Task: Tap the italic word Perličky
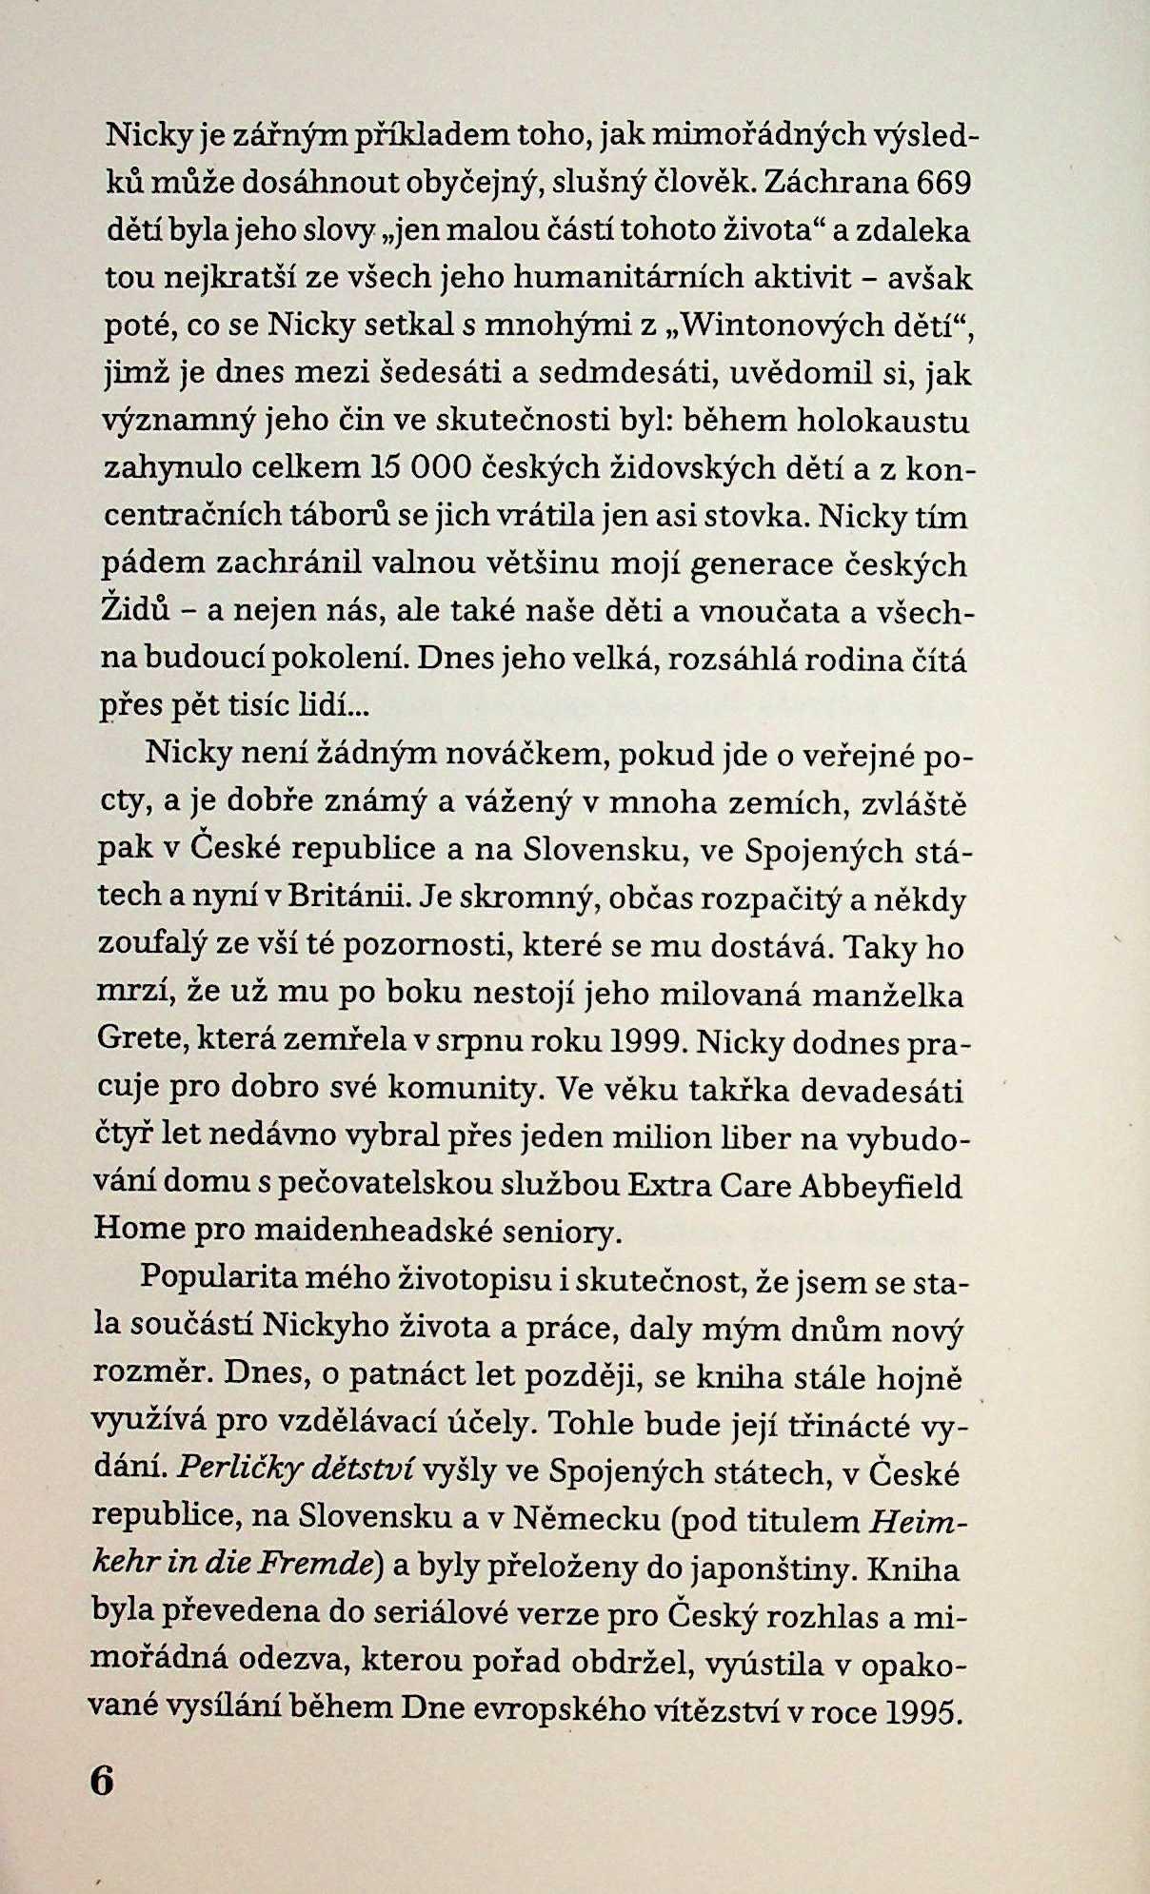(x=227, y=1472)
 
